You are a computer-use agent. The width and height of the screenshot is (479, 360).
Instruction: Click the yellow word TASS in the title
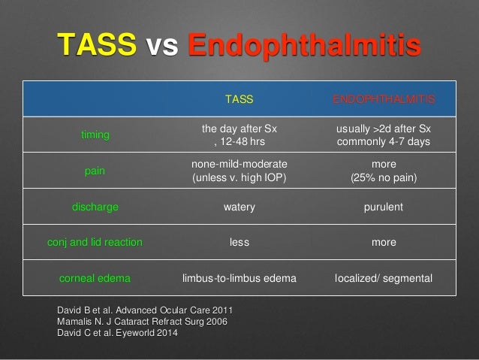[x=96, y=46]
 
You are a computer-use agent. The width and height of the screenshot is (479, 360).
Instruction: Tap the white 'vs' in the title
[x=162, y=47]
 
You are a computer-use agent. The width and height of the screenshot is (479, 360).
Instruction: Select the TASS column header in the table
[x=239, y=98]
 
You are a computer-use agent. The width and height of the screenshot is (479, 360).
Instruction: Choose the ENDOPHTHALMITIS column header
[x=384, y=98]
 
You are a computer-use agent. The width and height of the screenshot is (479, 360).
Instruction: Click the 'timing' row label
[x=95, y=135]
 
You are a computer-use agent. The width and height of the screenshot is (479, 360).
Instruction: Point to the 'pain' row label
[x=95, y=171]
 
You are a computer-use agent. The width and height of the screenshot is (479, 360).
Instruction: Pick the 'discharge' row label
[x=95, y=207]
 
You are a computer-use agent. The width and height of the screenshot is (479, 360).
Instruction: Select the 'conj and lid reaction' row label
[x=95, y=242]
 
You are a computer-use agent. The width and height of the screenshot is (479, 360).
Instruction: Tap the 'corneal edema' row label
[x=95, y=278]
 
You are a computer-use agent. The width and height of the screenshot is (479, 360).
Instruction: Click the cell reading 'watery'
[x=239, y=207]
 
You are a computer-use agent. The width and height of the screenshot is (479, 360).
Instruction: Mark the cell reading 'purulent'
[x=384, y=207]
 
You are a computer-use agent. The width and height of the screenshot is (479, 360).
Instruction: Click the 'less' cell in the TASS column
[x=239, y=242]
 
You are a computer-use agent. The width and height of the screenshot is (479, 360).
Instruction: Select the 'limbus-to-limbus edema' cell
[x=239, y=278]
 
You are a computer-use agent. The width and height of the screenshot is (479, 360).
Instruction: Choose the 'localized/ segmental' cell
[x=384, y=278]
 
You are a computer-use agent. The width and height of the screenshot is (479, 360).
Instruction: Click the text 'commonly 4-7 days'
[x=384, y=142]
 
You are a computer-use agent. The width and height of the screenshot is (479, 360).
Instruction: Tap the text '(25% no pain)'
[x=384, y=178]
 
